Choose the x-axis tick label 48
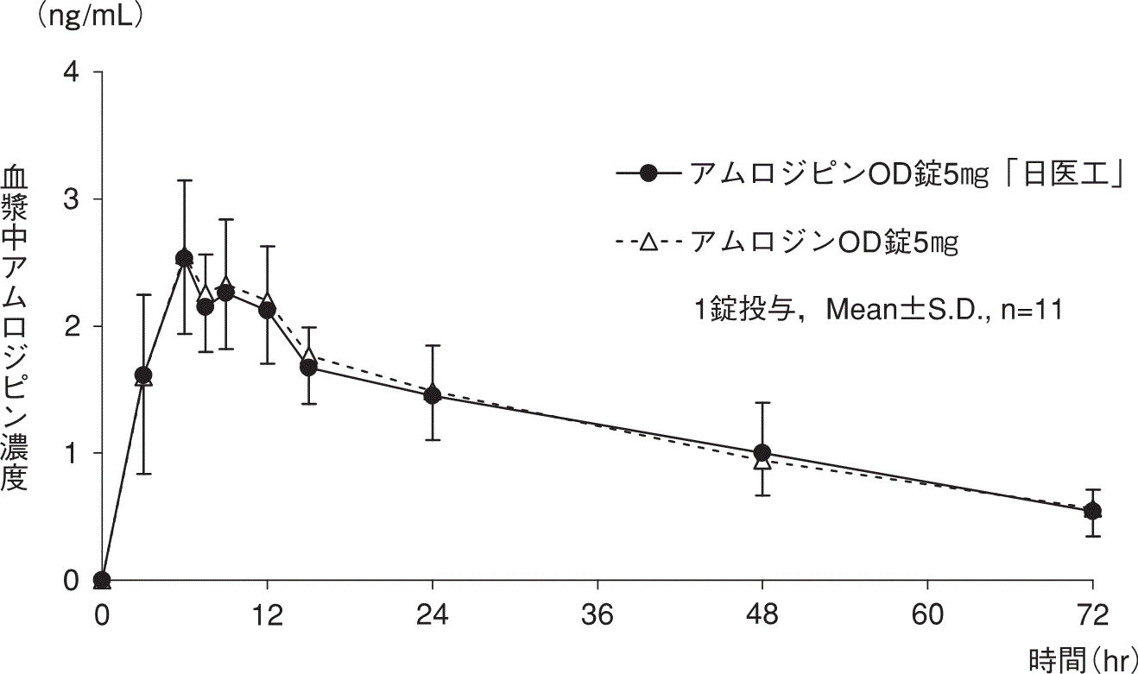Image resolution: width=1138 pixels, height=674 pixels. click(762, 616)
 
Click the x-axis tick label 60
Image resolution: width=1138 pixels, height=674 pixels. click(927, 616)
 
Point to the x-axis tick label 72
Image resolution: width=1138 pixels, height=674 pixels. click(1092, 616)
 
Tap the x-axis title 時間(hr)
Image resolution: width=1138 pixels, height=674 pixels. click(1079, 660)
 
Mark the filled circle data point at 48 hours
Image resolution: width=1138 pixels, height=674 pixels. click(762, 453)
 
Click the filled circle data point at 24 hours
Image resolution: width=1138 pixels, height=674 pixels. click(432, 396)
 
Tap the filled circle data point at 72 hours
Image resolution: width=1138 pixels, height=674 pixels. click(1092, 511)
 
